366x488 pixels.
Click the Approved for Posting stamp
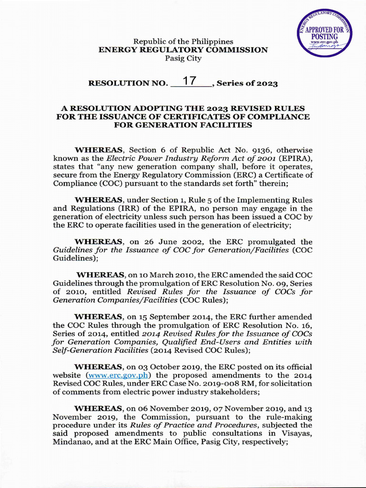[x=324, y=34]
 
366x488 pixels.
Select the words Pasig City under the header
[x=183, y=58]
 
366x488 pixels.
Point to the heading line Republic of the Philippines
[x=183, y=41]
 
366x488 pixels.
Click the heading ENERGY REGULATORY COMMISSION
[x=183, y=50]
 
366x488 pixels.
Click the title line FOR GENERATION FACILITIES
[x=183, y=125]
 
